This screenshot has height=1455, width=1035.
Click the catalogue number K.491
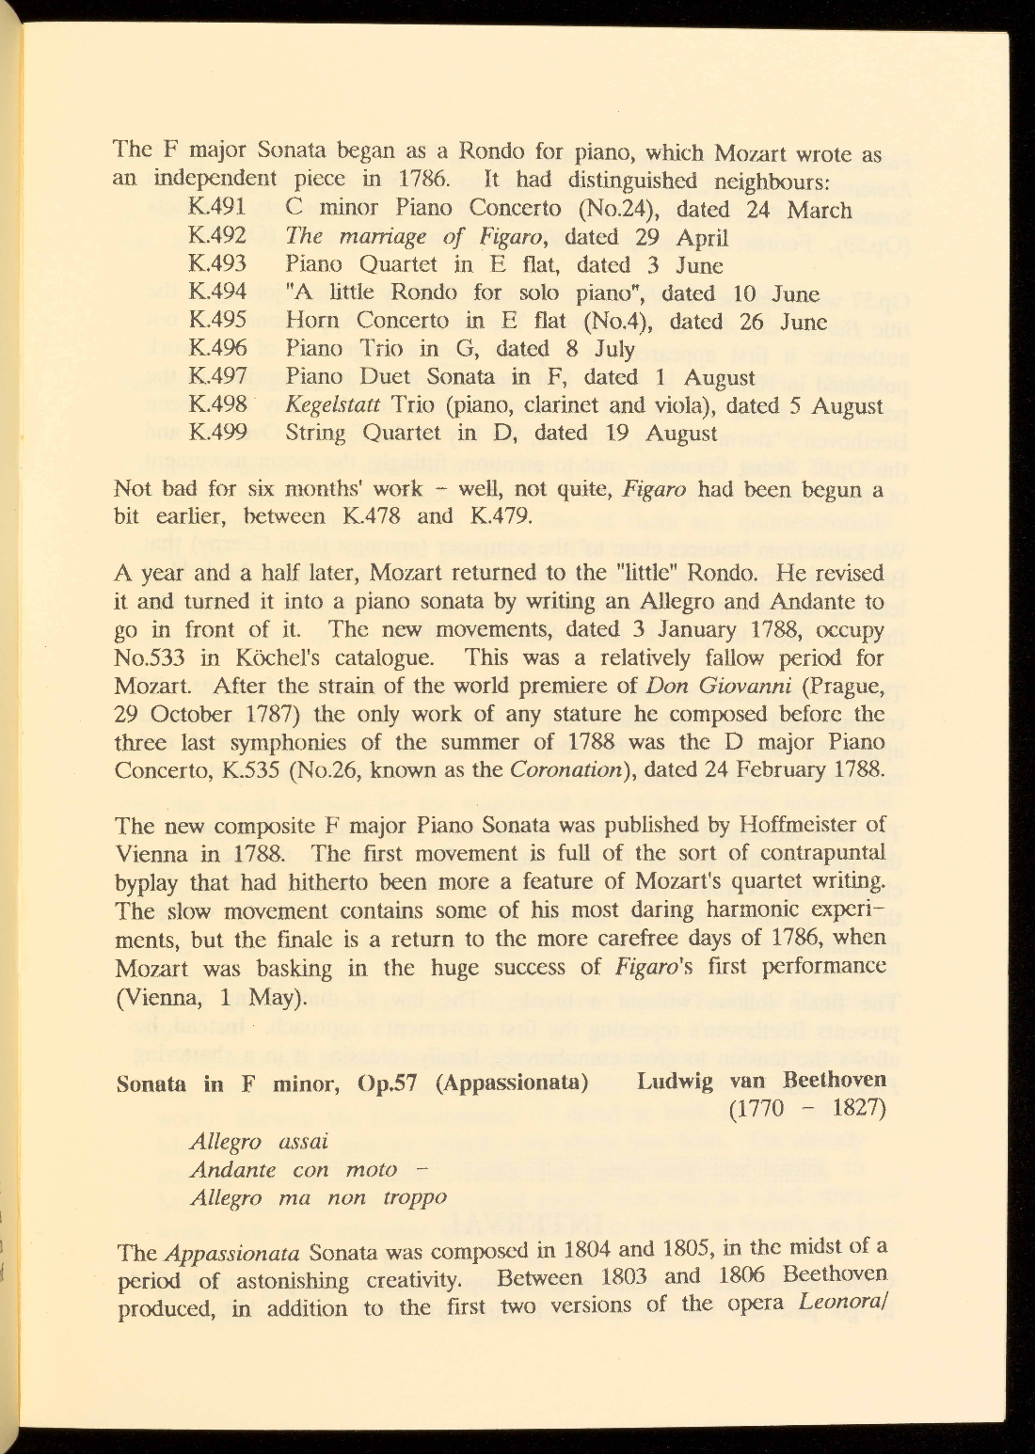point(217,208)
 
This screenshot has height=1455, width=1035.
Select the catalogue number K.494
point(217,293)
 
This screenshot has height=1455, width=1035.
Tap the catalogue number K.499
point(217,433)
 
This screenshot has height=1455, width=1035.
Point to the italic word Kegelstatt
point(333,405)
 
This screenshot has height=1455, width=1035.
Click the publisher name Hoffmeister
point(813,825)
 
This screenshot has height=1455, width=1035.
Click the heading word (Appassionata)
point(513,1082)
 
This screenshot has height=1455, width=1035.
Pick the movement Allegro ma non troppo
point(318,1198)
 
